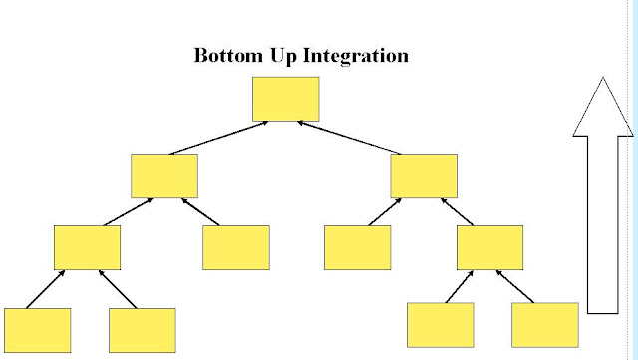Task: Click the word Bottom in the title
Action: [228, 55]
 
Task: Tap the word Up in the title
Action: [283, 56]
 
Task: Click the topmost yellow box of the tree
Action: [286, 99]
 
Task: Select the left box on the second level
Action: [164, 176]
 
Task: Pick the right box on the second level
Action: [424, 176]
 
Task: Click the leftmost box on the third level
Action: [87, 247]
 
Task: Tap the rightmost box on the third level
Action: [489, 247]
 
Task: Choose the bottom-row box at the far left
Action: [38, 330]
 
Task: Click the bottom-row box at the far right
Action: [545, 325]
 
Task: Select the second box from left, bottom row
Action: [143, 330]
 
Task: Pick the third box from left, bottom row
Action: [441, 325]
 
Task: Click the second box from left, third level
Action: [236, 247]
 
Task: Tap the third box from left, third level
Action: [357, 247]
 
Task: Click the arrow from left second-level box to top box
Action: [219, 138]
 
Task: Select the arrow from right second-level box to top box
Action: [349, 138]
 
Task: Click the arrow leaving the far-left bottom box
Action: [45, 289]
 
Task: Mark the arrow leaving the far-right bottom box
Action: [515, 286]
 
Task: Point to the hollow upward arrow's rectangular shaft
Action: [603, 224]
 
